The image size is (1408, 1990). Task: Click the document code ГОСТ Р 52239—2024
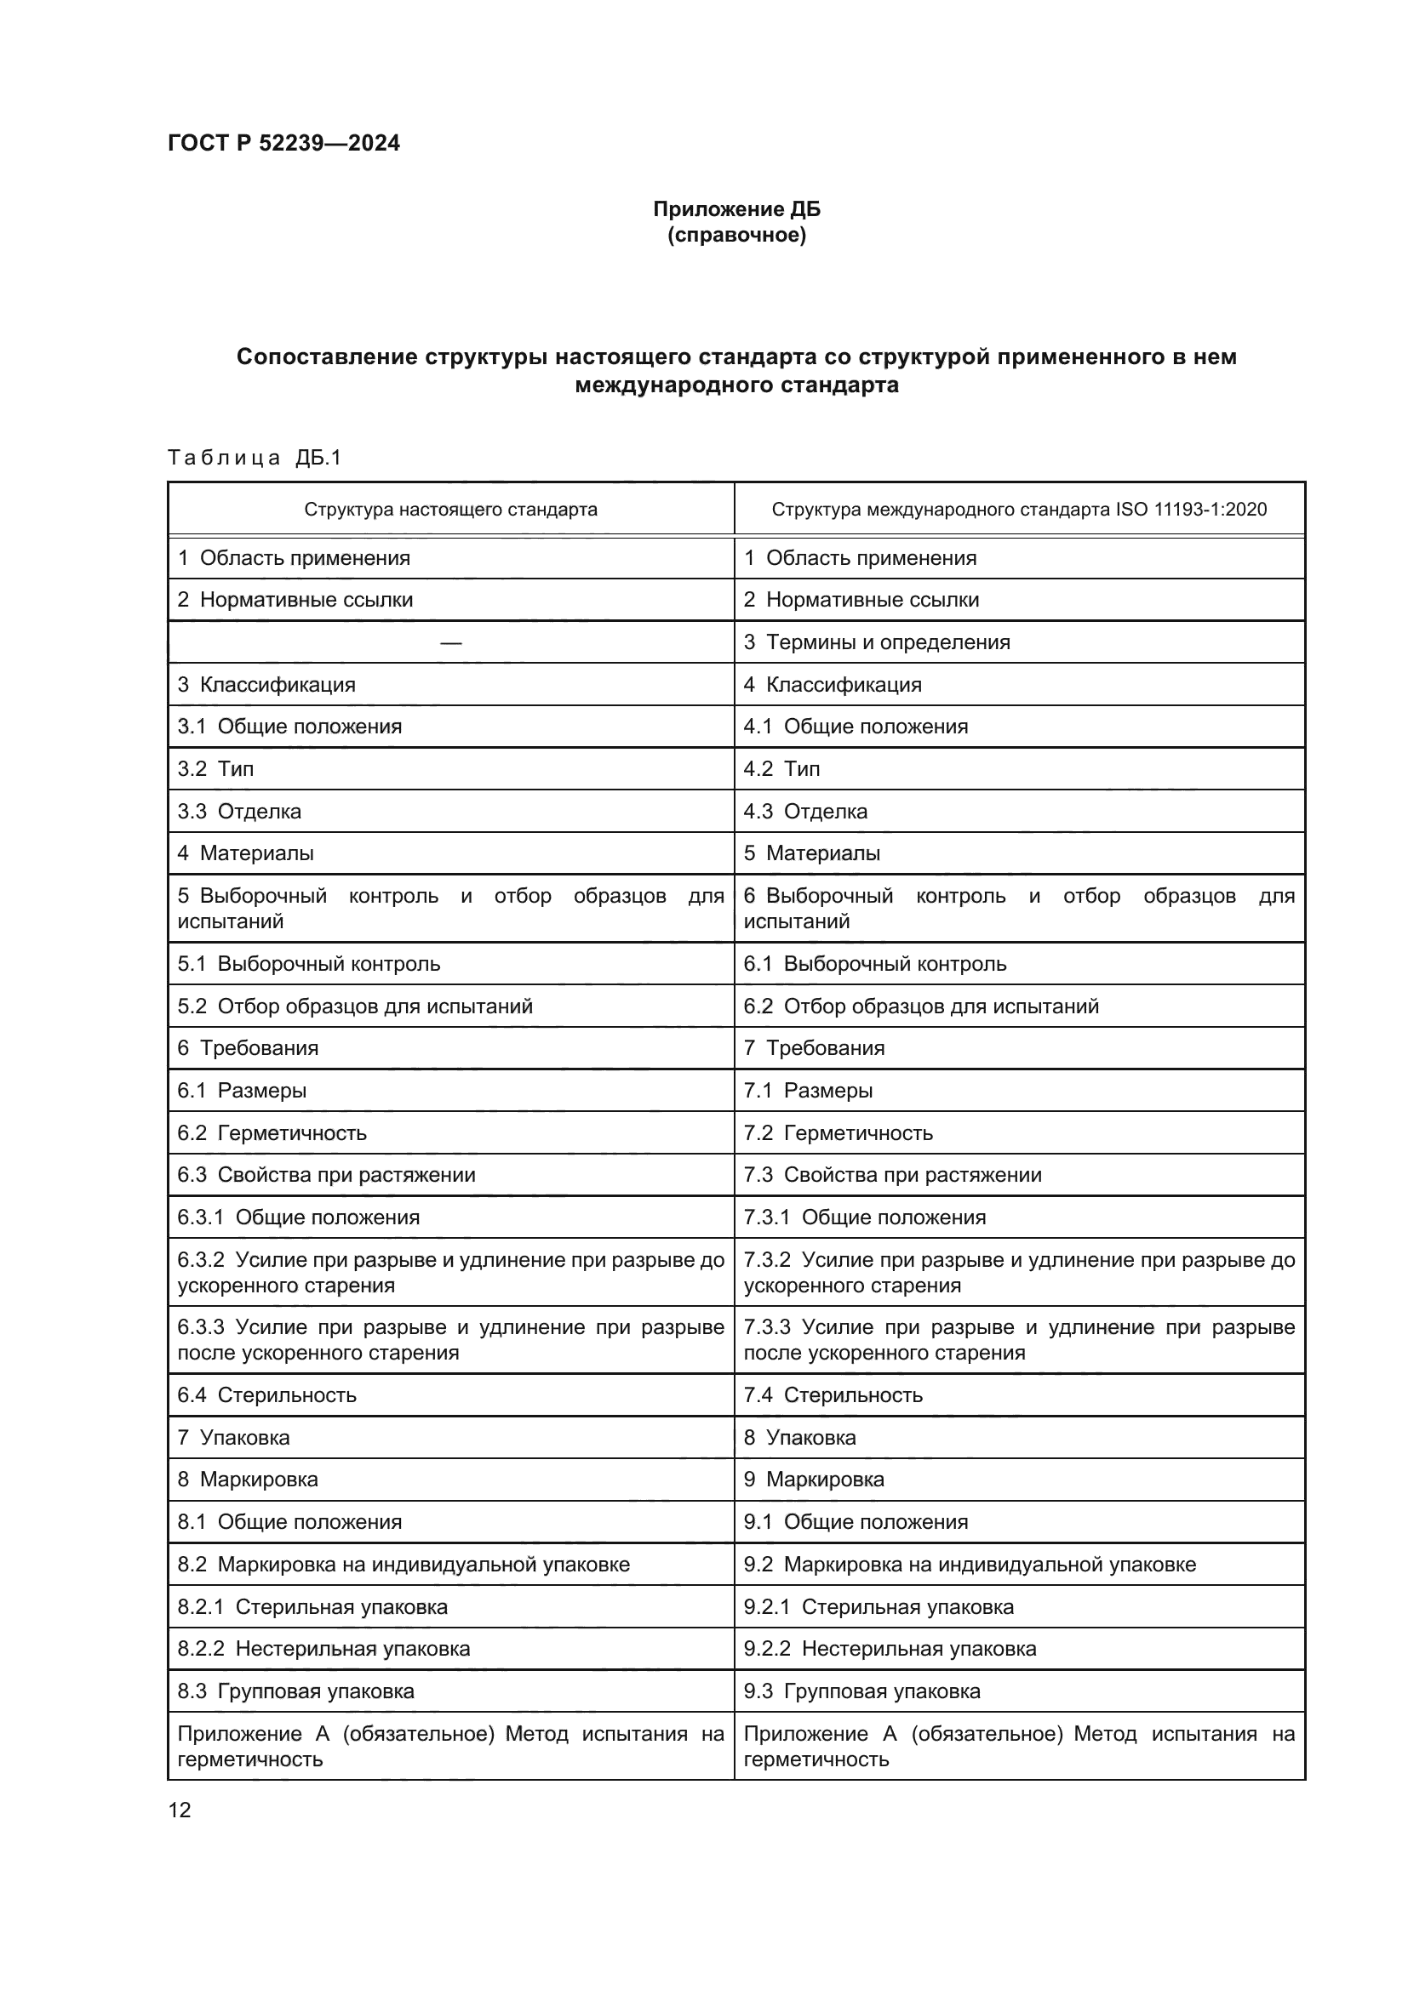283,143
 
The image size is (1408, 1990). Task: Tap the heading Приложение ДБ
736,209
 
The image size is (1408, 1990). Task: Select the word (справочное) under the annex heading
736,236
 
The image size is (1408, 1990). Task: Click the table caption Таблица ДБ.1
255,457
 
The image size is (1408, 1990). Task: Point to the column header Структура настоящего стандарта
450,510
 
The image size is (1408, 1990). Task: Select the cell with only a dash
450,642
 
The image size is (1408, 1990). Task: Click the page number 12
180,1810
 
